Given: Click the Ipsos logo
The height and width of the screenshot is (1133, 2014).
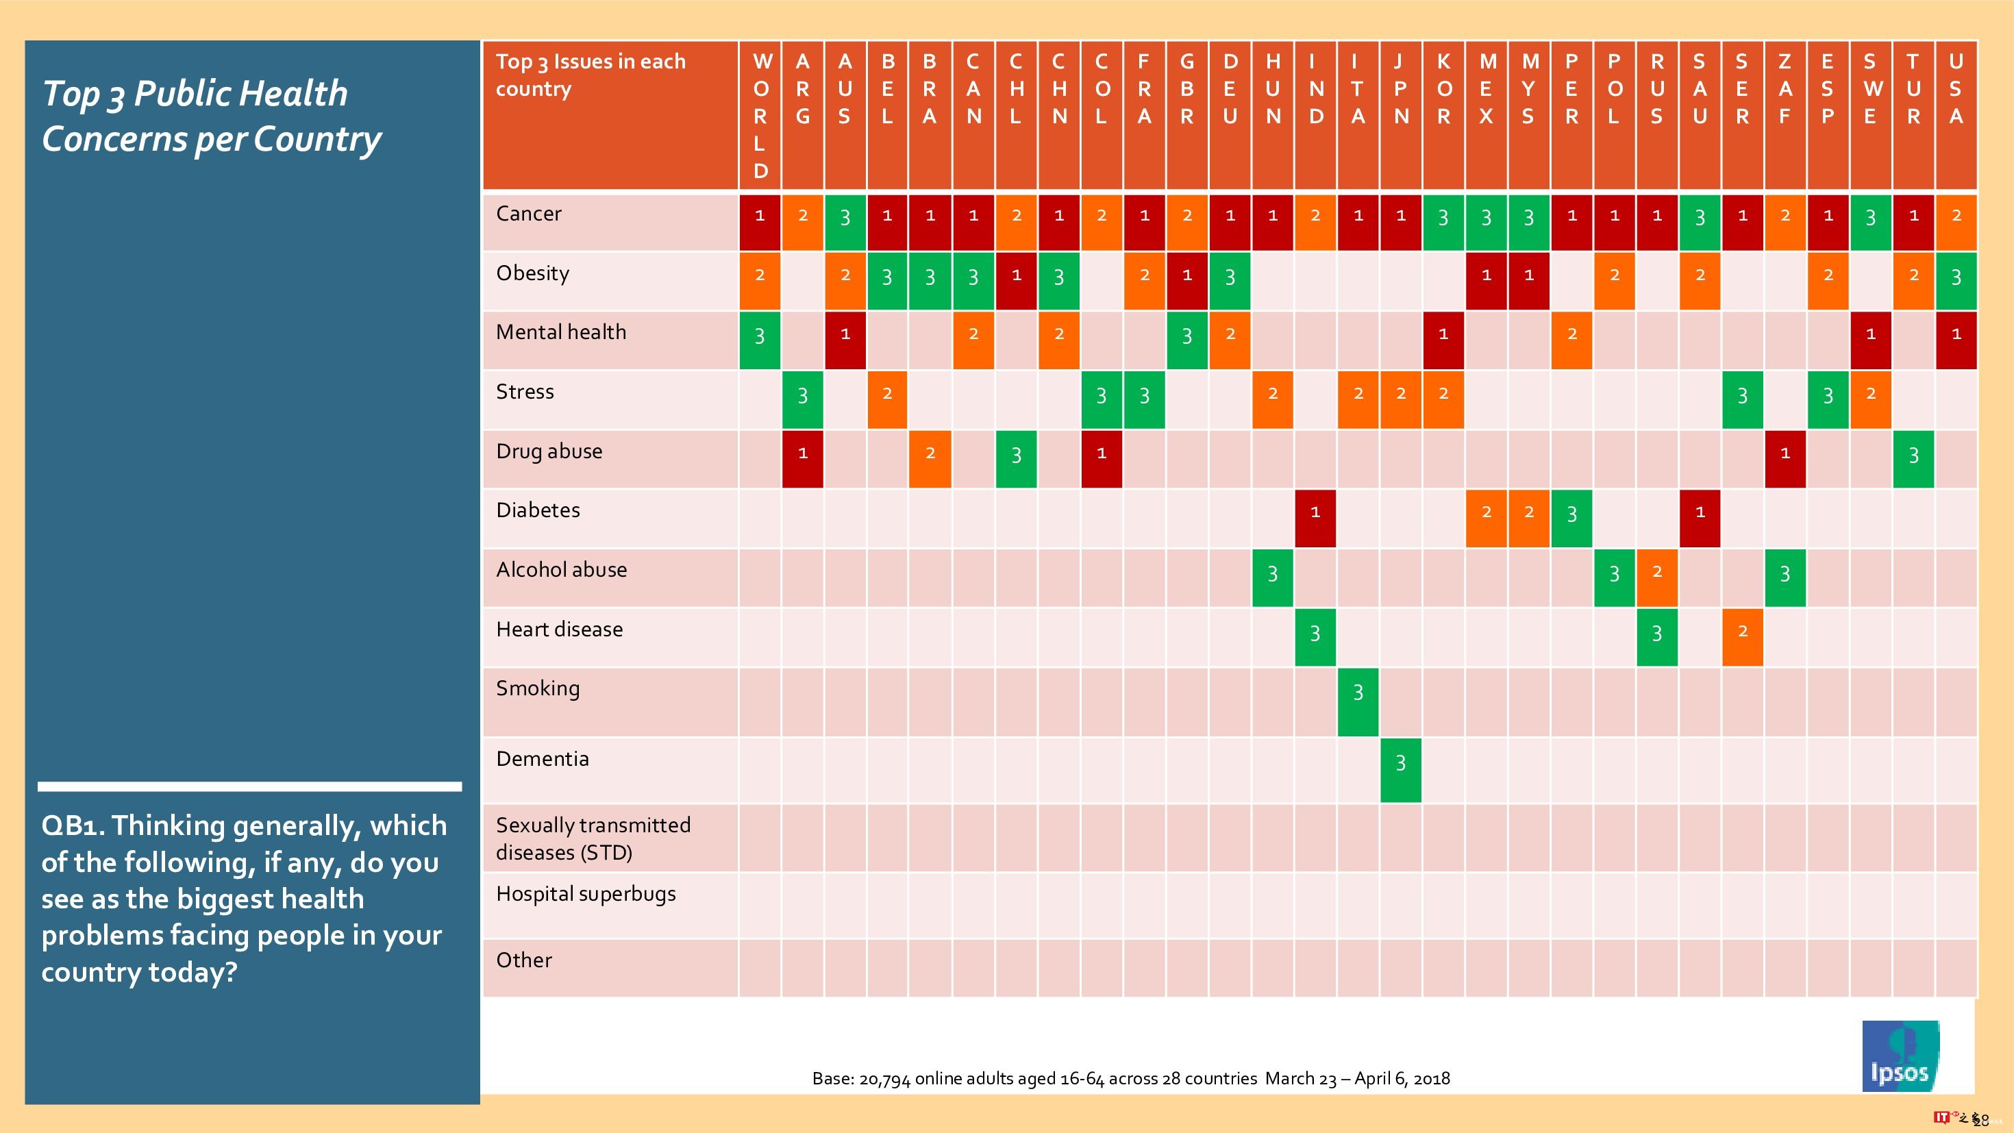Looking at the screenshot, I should pyautogui.click(x=1900, y=1056).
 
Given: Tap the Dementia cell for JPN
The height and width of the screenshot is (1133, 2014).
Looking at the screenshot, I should pyautogui.click(x=1400, y=769).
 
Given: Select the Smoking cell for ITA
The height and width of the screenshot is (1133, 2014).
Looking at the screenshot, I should pyautogui.click(x=1358, y=701).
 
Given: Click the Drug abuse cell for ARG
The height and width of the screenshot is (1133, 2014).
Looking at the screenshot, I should pyautogui.click(x=802, y=459).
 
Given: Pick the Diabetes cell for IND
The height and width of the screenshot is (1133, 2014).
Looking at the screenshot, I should pyautogui.click(x=1315, y=518).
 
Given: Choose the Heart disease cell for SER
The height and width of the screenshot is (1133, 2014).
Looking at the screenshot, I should pyautogui.click(x=1742, y=636).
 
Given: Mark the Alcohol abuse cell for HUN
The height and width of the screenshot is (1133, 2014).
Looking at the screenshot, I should pyautogui.click(x=1272, y=577).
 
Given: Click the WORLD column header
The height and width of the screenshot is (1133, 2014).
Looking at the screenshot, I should pyautogui.click(x=760, y=115).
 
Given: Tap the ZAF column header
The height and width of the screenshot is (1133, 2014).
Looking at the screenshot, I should pyautogui.click(x=1785, y=88).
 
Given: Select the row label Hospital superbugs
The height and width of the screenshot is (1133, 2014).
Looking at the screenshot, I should pyautogui.click(x=586, y=894).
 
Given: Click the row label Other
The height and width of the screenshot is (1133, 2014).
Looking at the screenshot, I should pyautogui.click(x=524, y=960).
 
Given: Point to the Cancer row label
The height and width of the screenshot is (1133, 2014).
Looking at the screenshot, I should pyautogui.click(x=529, y=214).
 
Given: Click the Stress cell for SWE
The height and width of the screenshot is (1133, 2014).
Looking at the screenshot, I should pyautogui.click(x=1870, y=399).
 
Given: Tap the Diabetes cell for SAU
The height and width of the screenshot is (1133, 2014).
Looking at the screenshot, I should pyautogui.click(x=1700, y=518).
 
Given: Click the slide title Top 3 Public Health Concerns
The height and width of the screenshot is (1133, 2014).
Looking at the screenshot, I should pyautogui.click(x=211, y=116).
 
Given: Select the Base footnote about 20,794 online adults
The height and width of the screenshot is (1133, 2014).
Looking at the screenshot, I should pyautogui.click(x=1130, y=1078).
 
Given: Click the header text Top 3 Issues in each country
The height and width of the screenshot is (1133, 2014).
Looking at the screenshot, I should pyautogui.click(x=590, y=75).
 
